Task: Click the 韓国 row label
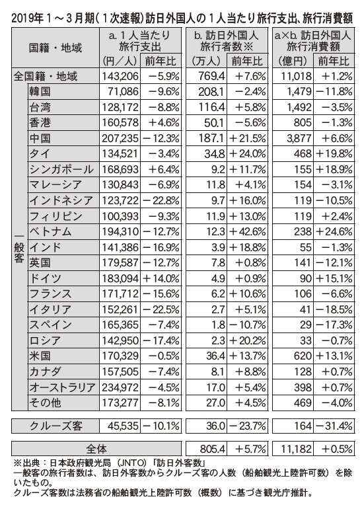[40, 92]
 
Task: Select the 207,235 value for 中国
[120, 139]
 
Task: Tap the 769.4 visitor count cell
[211, 76]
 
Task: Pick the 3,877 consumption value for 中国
[299, 139]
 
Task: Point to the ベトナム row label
[50, 232]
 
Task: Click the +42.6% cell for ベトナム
[248, 232]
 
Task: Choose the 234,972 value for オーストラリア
[120, 387]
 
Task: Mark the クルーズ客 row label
[56, 426]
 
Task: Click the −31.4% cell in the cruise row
[334, 426]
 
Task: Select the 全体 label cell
[96, 449]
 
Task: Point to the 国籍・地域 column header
[55, 48]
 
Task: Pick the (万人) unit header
[206, 61]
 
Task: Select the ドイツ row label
[45, 278]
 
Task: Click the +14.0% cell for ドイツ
[161, 278]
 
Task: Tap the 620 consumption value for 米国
[303, 356]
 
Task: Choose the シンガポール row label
[61, 170]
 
